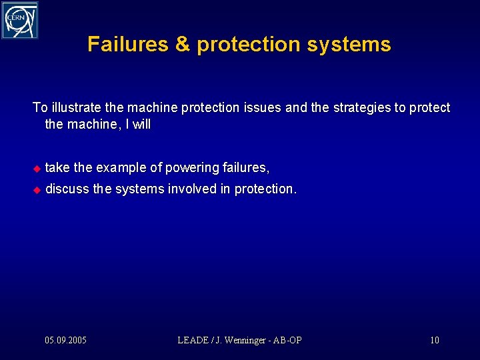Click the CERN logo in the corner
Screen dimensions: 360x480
point(19,20)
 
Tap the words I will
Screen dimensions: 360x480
point(141,125)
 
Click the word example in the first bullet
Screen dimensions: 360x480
point(120,167)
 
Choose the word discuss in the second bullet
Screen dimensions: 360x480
point(67,189)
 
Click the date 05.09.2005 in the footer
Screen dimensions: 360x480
point(65,341)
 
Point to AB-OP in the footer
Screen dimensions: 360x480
point(288,341)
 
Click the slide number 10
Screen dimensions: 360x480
point(435,341)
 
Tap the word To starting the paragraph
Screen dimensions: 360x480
point(40,108)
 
